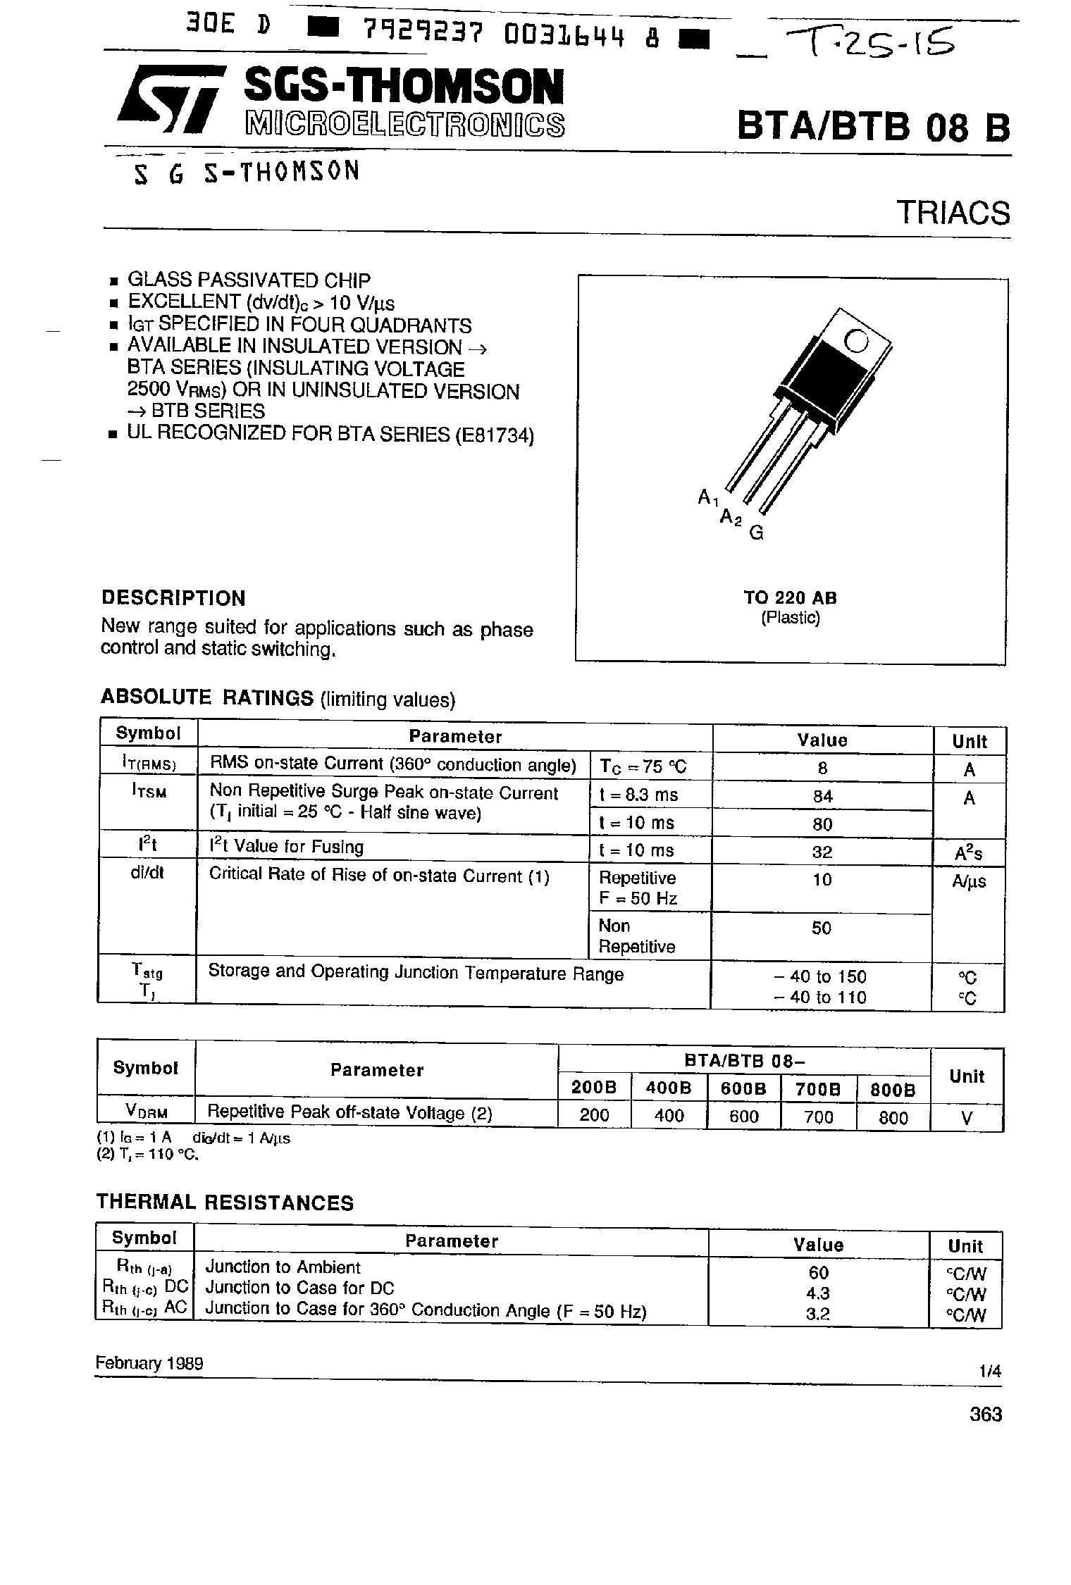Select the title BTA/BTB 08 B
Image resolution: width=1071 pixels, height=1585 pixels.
[873, 127]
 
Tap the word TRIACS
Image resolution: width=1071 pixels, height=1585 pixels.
[953, 213]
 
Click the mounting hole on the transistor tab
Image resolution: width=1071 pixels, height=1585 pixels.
[857, 341]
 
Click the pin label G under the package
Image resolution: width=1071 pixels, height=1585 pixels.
[756, 533]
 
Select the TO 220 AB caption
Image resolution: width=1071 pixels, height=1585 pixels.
[790, 597]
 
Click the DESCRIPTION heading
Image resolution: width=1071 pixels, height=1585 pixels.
[173, 598]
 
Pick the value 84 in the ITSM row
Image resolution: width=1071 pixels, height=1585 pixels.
[822, 796]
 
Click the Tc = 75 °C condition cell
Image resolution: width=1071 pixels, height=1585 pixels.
[642, 766]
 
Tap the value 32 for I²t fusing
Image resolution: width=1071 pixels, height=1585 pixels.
[822, 852]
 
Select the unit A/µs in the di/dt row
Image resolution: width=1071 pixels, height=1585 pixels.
[969, 881]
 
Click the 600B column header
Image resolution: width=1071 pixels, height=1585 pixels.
[743, 1088]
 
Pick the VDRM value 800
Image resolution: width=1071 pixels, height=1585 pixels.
[893, 1117]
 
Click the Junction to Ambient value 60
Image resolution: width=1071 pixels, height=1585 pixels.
[819, 1272]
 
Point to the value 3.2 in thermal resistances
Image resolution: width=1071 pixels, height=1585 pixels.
[818, 1312]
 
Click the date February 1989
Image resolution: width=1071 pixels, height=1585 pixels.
[149, 1363]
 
